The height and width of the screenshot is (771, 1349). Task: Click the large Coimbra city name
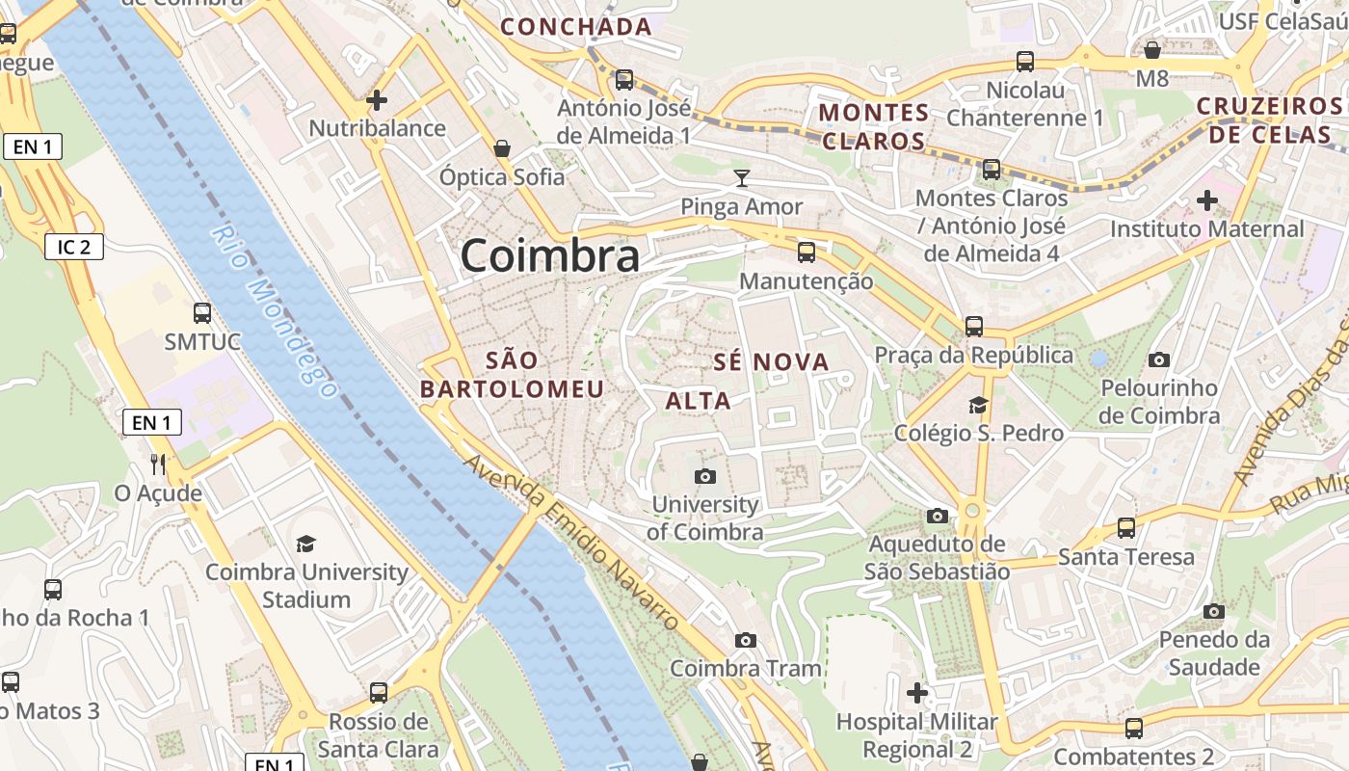549,256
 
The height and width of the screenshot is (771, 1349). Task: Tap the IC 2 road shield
73,247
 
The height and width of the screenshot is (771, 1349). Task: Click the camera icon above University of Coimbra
705,476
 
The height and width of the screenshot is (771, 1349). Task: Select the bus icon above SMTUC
202,313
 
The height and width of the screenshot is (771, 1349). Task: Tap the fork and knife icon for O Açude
158,465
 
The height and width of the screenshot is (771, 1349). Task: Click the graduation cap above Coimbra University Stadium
306,544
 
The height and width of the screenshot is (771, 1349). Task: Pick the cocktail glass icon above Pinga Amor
741,177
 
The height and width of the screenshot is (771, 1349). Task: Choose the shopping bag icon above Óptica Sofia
501,148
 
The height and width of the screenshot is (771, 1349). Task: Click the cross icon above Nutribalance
377,99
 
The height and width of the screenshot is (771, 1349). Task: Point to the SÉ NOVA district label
771,362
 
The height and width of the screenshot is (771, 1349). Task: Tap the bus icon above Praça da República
974,327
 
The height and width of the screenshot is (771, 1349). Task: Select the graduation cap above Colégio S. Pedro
978,405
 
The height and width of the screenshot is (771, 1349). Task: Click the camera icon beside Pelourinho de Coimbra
1159,360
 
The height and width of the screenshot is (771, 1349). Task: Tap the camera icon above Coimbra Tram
745,640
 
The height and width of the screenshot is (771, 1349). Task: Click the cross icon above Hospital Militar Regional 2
916,692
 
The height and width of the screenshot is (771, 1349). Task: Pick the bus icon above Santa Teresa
1125,528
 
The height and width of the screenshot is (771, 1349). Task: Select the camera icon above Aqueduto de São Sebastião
937,517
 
